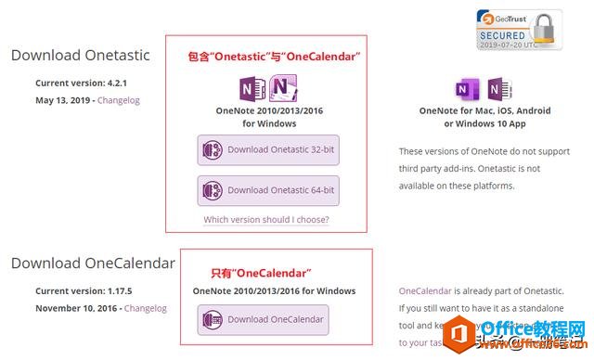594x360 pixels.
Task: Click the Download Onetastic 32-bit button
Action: (267, 150)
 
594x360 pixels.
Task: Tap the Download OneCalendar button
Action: (264, 319)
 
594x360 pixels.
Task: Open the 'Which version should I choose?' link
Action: (266, 220)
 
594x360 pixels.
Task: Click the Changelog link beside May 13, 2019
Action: (120, 100)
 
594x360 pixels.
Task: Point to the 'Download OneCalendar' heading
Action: (93, 264)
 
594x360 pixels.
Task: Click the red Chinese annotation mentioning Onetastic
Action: (267, 58)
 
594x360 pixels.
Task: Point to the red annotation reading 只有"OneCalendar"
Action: (261, 273)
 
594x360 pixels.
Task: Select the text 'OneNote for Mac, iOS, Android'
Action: (484, 110)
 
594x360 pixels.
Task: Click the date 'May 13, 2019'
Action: (63, 100)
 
